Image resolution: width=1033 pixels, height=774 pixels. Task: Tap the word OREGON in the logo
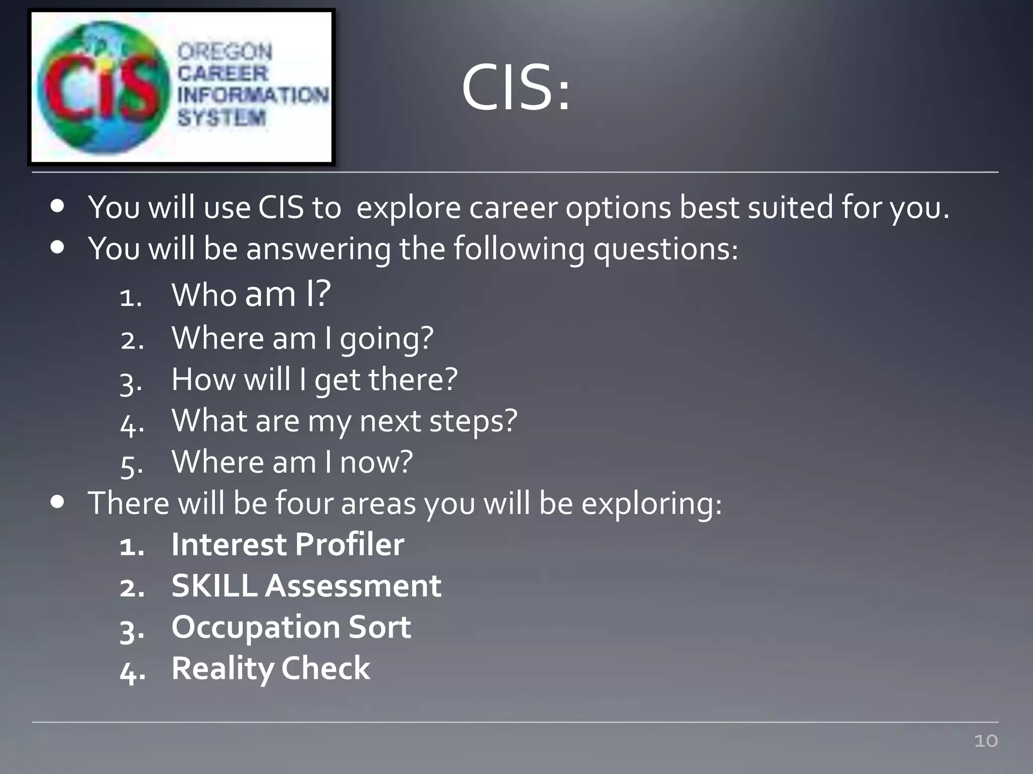(225, 51)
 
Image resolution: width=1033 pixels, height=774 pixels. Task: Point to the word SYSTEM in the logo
(221, 118)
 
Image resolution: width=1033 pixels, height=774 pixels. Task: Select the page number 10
(986, 741)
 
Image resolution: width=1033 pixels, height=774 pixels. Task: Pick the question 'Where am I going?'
(302, 338)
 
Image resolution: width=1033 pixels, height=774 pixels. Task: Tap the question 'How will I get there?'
(314, 379)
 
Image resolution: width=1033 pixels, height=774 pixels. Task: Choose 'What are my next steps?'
(345, 421)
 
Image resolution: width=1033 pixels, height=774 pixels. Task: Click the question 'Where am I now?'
(292, 462)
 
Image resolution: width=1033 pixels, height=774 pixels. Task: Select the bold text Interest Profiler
(288, 545)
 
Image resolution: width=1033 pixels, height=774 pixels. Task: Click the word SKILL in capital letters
(214, 586)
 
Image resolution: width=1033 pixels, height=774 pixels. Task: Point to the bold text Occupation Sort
(291, 627)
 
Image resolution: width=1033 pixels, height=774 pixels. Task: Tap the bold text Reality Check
(270, 669)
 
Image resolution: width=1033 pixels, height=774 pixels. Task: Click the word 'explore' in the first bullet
(408, 208)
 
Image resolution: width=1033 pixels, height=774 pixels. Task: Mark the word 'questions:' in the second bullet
(665, 249)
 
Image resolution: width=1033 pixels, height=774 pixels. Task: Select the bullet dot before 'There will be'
(58, 502)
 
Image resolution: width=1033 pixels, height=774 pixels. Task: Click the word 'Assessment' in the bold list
(353, 586)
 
